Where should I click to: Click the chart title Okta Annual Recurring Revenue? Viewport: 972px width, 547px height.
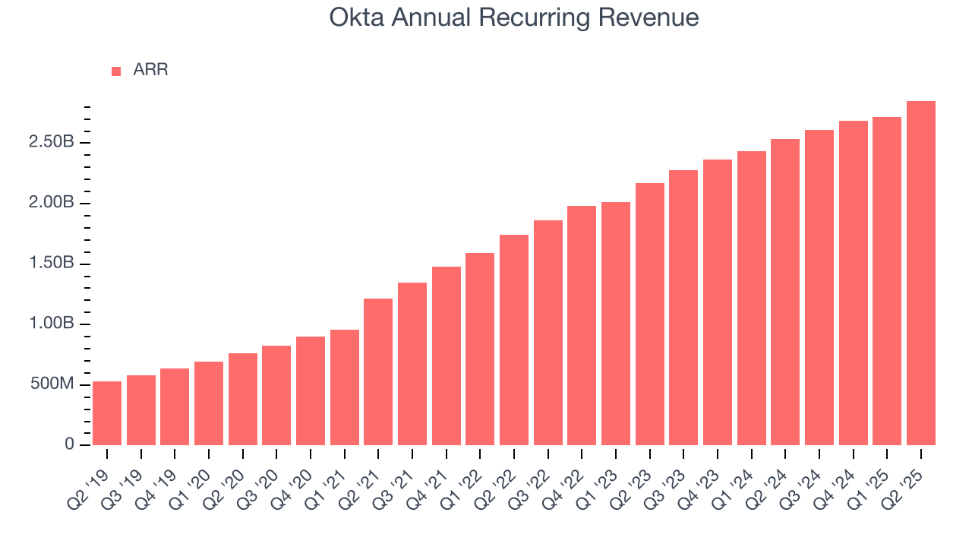514,17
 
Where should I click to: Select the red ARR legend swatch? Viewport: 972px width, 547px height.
116,71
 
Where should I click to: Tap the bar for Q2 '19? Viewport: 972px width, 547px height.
107,413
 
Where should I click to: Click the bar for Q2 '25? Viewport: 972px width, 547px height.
921,273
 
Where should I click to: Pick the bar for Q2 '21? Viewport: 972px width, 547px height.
378,372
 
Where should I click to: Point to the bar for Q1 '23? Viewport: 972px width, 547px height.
616,324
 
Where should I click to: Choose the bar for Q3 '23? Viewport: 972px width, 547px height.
683,308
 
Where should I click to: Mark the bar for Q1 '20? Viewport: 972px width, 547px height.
209,403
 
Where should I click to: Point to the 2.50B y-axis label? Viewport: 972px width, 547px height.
52,143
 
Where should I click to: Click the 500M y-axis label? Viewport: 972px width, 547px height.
52,384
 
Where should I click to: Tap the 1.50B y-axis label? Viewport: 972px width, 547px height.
52,264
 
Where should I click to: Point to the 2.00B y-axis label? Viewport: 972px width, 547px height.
52,203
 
